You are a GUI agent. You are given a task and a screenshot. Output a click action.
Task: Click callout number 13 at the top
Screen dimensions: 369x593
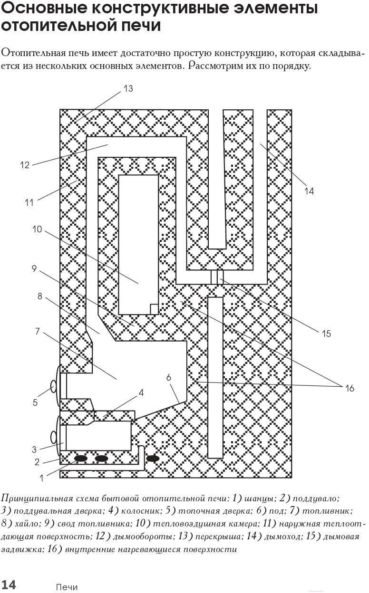pyautogui.click(x=128, y=89)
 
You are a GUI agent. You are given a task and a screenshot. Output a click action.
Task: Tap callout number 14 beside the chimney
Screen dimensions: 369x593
pyautogui.click(x=309, y=191)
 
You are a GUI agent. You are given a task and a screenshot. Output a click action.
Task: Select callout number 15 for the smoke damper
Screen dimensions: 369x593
pyautogui.click(x=326, y=334)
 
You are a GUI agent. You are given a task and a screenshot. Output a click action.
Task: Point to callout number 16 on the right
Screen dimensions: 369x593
pyautogui.click(x=350, y=388)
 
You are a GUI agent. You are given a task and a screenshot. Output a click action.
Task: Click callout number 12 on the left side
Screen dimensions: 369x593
pyautogui.click(x=25, y=165)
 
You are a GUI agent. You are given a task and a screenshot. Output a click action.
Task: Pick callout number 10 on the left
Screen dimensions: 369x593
pyautogui.click(x=37, y=229)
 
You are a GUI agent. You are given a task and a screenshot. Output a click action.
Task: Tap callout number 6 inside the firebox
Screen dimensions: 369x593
pyautogui.click(x=169, y=377)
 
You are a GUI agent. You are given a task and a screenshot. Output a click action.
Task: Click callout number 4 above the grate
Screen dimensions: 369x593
pyautogui.click(x=141, y=392)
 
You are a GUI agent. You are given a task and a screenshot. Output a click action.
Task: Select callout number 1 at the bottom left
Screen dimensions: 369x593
pyautogui.click(x=41, y=478)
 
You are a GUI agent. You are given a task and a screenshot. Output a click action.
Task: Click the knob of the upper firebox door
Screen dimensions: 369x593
pyautogui.click(x=54, y=386)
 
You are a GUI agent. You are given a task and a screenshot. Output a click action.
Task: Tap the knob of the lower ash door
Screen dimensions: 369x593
pyautogui.click(x=54, y=437)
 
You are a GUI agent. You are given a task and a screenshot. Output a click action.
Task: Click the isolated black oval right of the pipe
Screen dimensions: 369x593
pyautogui.click(x=153, y=458)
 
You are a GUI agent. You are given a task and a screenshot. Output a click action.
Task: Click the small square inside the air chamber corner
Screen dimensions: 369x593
pyautogui.click(x=155, y=309)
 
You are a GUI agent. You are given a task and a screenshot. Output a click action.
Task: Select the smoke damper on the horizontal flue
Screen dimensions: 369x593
pyautogui.click(x=217, y=277)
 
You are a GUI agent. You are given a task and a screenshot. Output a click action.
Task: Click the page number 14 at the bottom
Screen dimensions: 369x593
pyautogui.click(x=9, y=584)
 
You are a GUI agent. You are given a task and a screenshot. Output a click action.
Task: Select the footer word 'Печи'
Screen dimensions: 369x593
pyautogui.click(x=67, y=585)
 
